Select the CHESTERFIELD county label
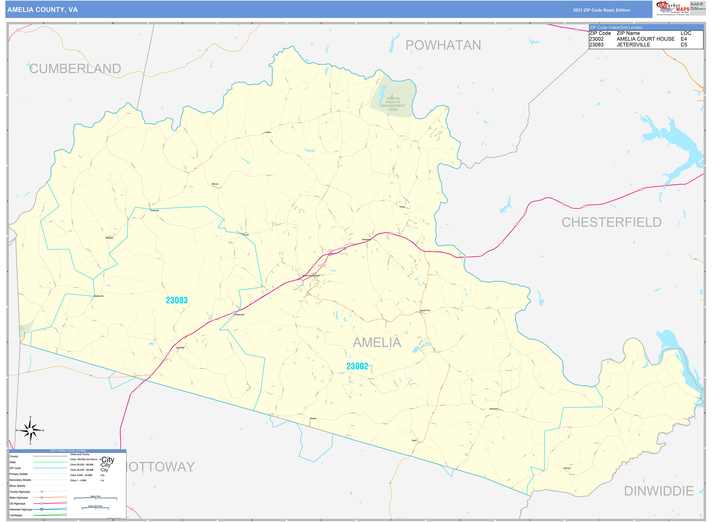(611, 222)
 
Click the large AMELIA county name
(377, 343)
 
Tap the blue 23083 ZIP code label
(177, 300)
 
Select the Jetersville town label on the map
(180, 348)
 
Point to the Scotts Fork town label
(425, 310)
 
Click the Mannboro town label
(494, 409)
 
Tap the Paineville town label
(154, 210)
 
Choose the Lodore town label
(268, 132)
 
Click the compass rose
(30, 430)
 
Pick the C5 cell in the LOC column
(684, 45)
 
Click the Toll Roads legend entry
(16, 515)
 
